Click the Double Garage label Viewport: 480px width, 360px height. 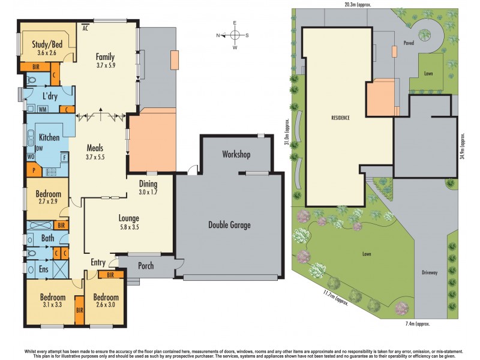tap(229, 225)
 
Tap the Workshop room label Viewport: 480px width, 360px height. tap(235, 155)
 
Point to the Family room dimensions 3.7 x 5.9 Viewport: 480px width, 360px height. tap(105, 67)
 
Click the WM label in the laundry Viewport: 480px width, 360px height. tap(43, 110)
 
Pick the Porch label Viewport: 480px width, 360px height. tap(146, 266)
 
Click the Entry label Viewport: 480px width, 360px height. tap(98, 262)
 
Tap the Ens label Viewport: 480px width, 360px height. tap(44, 269)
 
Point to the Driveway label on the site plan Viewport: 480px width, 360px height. tap(430, 272)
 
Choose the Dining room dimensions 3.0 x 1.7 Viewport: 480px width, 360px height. tap(148, 193)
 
